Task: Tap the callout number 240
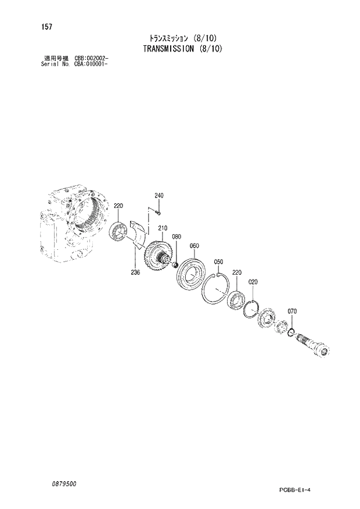pos(159,196)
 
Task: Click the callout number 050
pos(219,262)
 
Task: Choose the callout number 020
pos(253,282)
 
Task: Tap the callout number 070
pos(292,311)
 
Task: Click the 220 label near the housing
pos(118,206)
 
